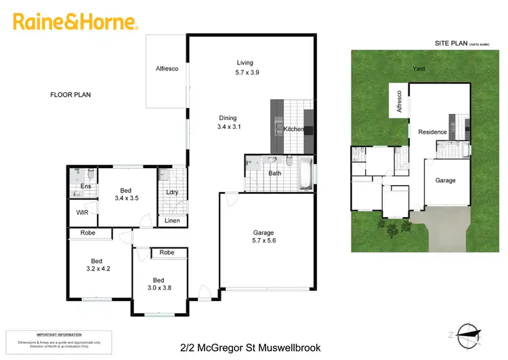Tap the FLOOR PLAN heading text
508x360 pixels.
70,95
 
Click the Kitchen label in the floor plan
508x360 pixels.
294,129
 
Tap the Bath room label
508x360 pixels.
274,174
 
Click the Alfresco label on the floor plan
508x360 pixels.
167,69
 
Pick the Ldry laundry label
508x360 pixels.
172,192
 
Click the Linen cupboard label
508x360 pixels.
172,221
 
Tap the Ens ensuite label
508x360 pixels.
86,186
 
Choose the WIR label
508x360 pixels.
83,213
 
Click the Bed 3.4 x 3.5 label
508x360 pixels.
125,195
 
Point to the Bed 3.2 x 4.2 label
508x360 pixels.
97,265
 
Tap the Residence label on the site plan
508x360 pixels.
432,132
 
